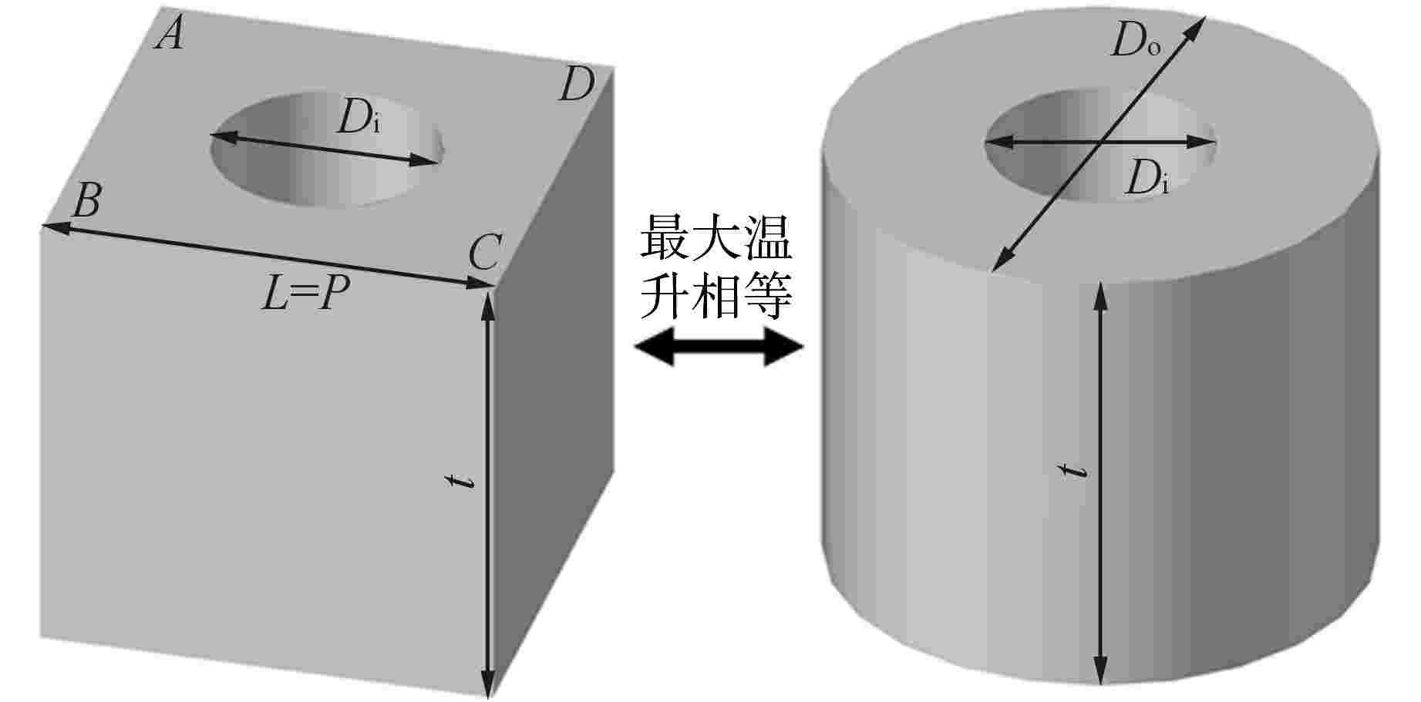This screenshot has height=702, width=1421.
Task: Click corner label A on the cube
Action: click(170, 34)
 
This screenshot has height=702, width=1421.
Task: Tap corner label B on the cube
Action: click(85, 203)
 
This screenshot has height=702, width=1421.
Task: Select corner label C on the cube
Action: click(485, 252)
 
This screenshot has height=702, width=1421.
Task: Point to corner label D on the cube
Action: click(575, 85)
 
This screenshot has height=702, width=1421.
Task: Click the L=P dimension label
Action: click(301, 294)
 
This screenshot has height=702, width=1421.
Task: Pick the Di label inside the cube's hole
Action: click(359, 120)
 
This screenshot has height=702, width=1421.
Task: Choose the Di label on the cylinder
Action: click(1146, 180)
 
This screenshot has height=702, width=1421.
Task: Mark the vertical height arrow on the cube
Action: click(487, 493)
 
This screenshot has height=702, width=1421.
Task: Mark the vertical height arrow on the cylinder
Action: click(1100, 482)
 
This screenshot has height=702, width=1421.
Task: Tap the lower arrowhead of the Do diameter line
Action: click(1000, 261)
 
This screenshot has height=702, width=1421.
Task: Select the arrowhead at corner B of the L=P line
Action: click(50, 227)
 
